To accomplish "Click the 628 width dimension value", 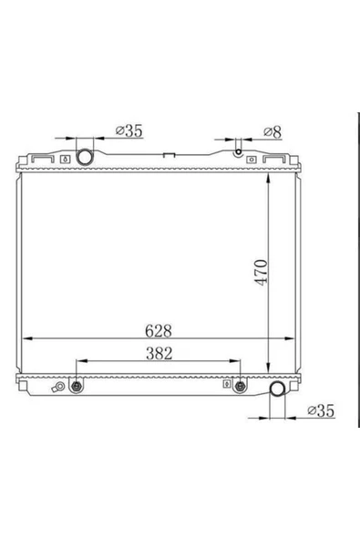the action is tap(159, 331).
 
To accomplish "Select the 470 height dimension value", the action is tap(261, 273).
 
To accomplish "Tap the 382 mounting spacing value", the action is tap(159, 353).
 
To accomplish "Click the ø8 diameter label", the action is tap(273, 131).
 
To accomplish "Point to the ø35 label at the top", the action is tap(129, 130).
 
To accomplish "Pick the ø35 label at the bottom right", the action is tap(321, 410).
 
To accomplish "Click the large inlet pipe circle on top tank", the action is tap(85, 157).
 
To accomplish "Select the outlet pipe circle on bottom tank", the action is tap(277, 389).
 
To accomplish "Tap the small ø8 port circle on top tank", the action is tap(239, 151).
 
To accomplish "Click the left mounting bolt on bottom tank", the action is tap(76, 387).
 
